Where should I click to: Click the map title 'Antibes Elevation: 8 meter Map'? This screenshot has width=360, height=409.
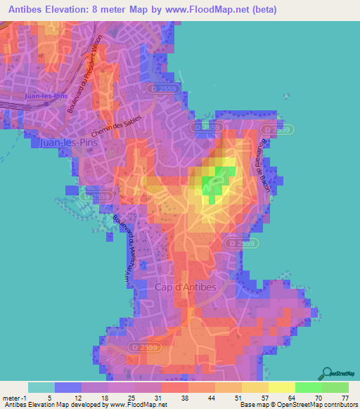click(91, 10)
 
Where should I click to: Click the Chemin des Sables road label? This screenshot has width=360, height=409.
click(116, 126)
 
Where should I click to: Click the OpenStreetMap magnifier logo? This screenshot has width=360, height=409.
click(326, 374)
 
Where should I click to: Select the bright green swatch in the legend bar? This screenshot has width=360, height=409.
click(308, 387)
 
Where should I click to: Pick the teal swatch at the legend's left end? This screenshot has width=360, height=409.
click(41, 387)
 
